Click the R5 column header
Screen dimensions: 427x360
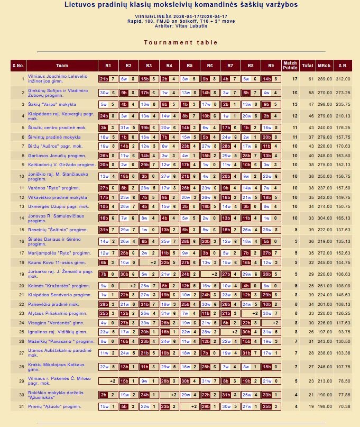coord(189,66)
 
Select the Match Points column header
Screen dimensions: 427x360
coord(290,66)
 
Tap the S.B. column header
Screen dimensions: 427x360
coord(343,66)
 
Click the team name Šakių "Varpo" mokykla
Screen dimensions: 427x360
coord(52,104)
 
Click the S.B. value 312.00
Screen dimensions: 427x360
coord(343,79)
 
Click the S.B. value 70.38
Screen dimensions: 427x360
coord(344,406)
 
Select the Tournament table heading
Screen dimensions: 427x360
coord(181,42)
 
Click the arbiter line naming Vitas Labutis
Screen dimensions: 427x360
coord(181,25)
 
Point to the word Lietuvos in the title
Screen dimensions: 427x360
coord(80,5)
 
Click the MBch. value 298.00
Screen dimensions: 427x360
coord(324,104)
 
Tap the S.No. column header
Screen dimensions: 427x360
coord(18,66)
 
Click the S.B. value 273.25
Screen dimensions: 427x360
coord(343,92)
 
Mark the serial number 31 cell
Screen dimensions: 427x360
coord(22,406)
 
